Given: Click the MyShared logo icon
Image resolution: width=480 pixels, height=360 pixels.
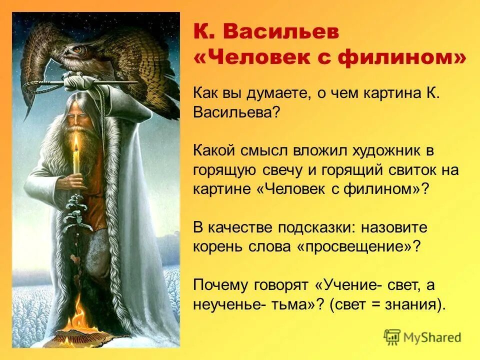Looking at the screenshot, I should (392, 336).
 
